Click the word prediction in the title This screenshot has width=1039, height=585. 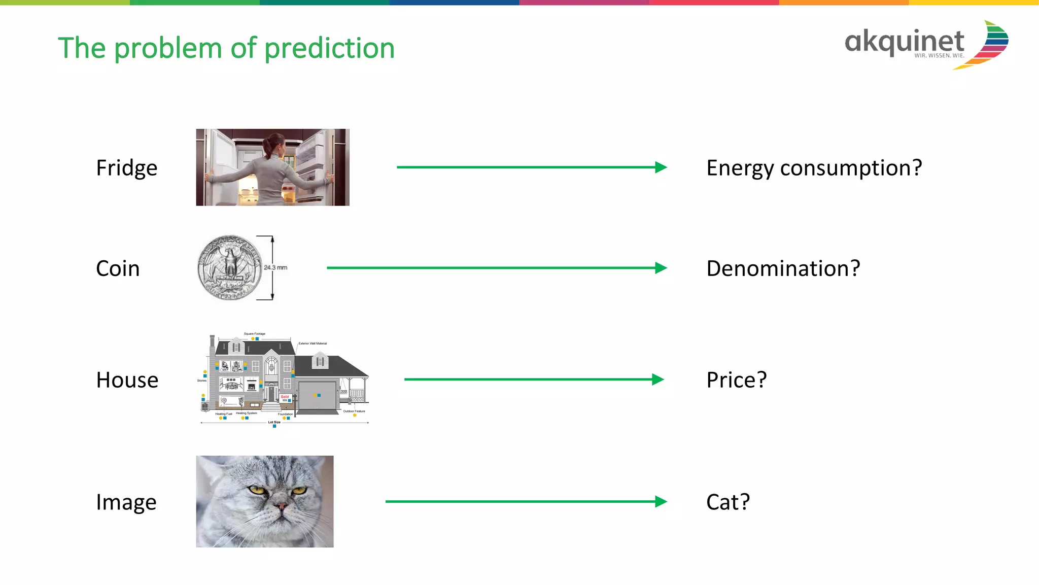tap(329, 49)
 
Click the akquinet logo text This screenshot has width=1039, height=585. tap(904, 42)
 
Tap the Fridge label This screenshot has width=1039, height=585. tap(127, 168)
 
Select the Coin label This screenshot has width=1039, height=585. tap(118, 268)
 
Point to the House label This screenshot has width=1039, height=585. tap(127, 380)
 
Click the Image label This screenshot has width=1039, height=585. tap(126, 502)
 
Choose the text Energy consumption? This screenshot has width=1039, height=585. tap(814, 168)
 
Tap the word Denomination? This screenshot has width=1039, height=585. tap(783, 268)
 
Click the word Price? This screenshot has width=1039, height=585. tap(736, 380)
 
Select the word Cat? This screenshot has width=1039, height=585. tap(728, 502)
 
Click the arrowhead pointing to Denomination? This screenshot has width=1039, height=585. tap(661, 268)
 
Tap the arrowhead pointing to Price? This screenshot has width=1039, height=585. tap(658, 380)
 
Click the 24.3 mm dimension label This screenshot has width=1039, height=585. tap(275, 267)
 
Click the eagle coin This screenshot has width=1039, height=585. tap(230, 267)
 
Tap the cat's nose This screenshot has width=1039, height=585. tap(280, 506)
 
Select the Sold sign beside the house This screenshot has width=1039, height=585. tap(285, 398)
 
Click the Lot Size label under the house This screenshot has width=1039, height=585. tap(274, 422)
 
